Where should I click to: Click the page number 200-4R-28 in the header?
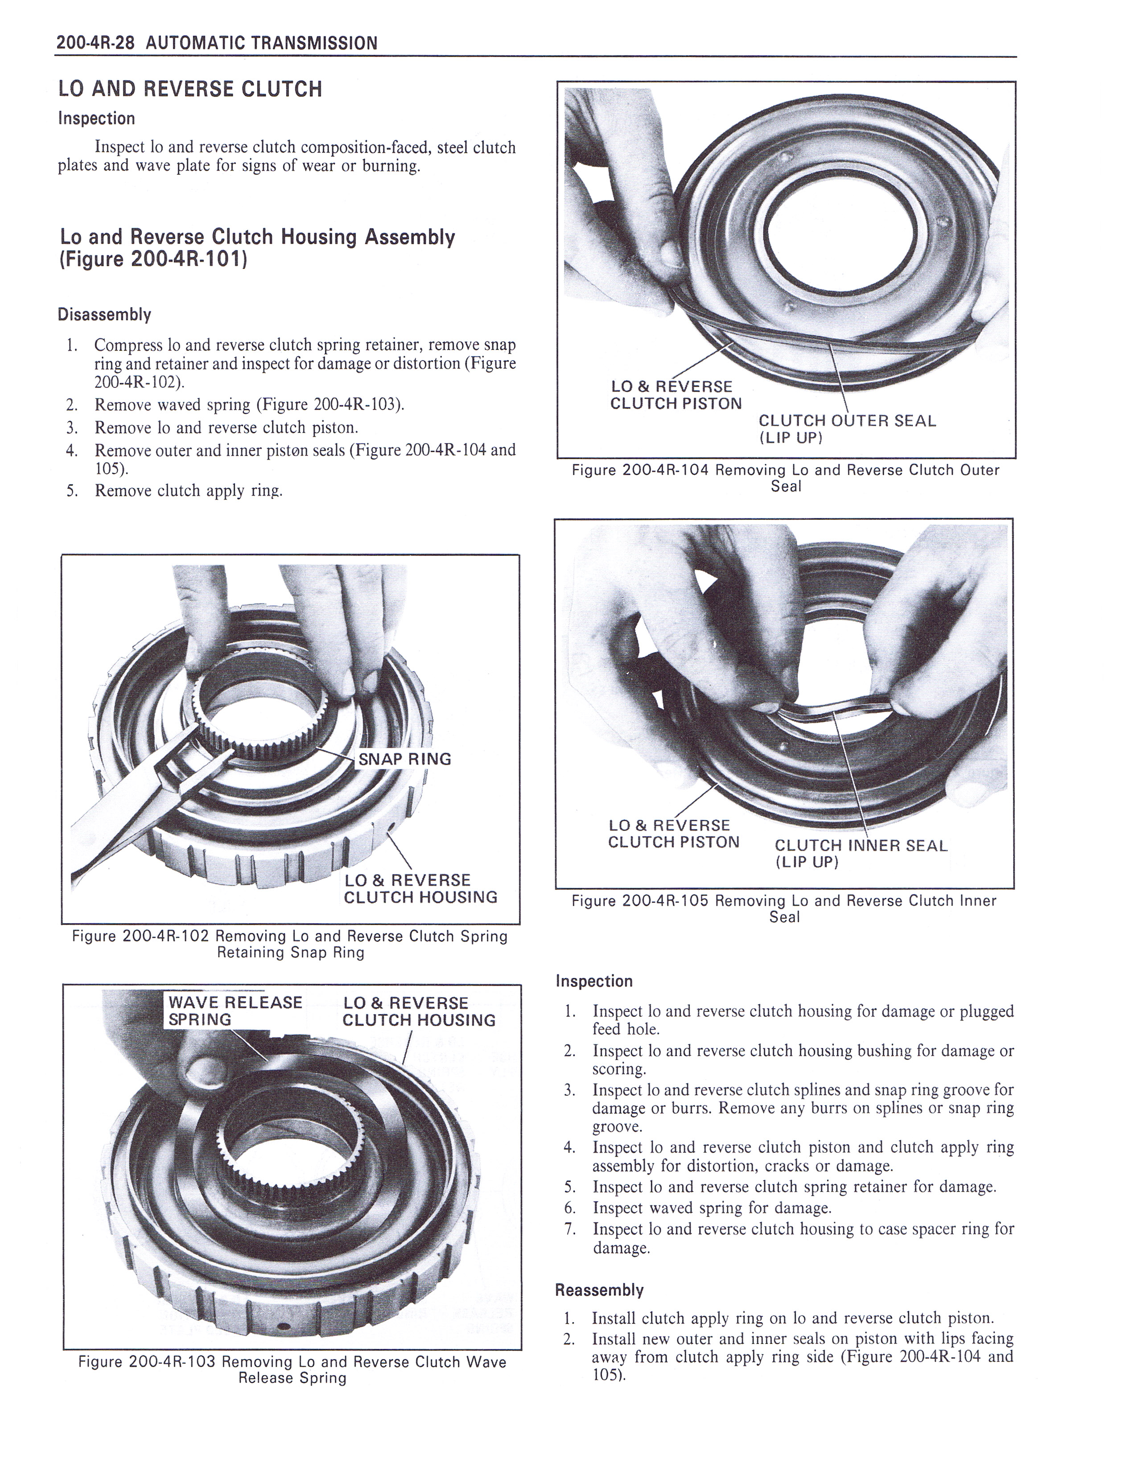tap(96, 43)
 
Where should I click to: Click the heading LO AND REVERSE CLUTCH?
tap(190, 89)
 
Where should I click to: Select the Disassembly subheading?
tap(104, 315)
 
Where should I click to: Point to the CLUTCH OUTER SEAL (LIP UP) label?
tap(847, 429)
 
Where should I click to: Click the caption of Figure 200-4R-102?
tap(290, 944)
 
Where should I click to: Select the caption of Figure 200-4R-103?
tap(292, 1370)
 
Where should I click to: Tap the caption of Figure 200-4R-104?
tap(785, 478)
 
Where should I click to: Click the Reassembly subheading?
tap(599, 1290)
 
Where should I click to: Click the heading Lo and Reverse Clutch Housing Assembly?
tap(257, 248)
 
